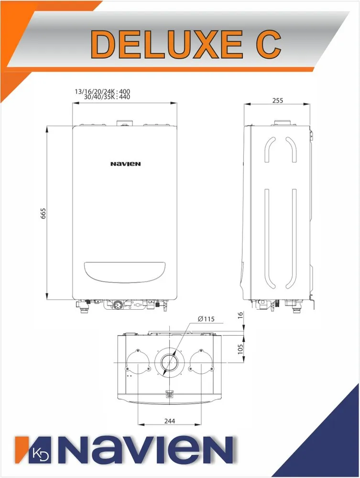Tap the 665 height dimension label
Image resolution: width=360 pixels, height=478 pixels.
pos(43,213)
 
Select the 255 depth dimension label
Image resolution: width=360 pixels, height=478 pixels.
pos(277,100)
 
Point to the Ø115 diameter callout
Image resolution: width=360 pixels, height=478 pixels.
pos(206,319)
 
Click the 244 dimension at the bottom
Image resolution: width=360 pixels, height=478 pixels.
pos(170,421)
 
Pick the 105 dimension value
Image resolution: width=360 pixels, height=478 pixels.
pos(240,349)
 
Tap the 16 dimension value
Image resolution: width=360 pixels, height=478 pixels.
pos(240,315)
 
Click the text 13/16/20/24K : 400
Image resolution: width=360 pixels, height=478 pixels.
pos(102,91)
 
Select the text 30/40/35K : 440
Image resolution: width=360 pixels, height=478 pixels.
pos(107,97)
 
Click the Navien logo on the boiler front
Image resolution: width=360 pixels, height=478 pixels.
pos(126,164)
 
